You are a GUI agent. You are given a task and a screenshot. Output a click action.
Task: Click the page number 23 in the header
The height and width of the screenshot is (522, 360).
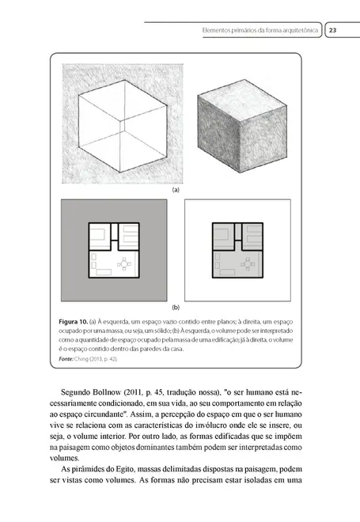[x=333, y=31]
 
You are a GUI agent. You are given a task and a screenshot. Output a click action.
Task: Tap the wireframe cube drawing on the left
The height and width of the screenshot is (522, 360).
[x=114, y=123]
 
